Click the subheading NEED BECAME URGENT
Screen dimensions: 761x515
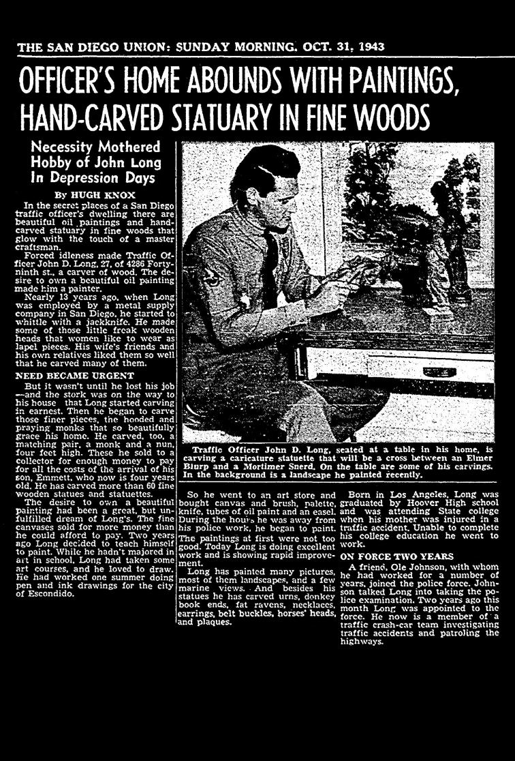tap(64, 374)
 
